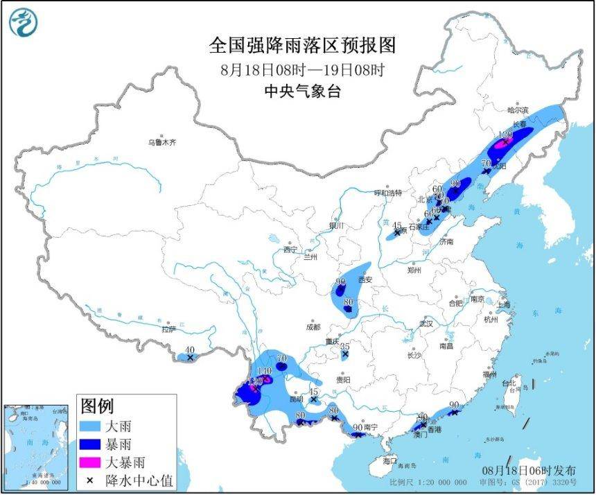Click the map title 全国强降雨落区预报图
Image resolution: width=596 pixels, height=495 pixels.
point(302,46)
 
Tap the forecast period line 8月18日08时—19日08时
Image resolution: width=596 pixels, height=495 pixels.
point(302,69)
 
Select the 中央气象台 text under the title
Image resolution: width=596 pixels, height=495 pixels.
point(302,91)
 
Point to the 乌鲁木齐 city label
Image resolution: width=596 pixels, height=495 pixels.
point(161,142)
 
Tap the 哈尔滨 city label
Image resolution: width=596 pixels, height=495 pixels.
point(517,110)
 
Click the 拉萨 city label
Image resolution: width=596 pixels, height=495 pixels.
point(168,329)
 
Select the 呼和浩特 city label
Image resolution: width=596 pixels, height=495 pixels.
point(388,192)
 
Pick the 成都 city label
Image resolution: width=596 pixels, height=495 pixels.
point(312,327)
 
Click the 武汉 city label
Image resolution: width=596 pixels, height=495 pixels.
point(426,324)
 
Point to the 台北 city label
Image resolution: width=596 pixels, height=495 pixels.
point(509,383)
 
